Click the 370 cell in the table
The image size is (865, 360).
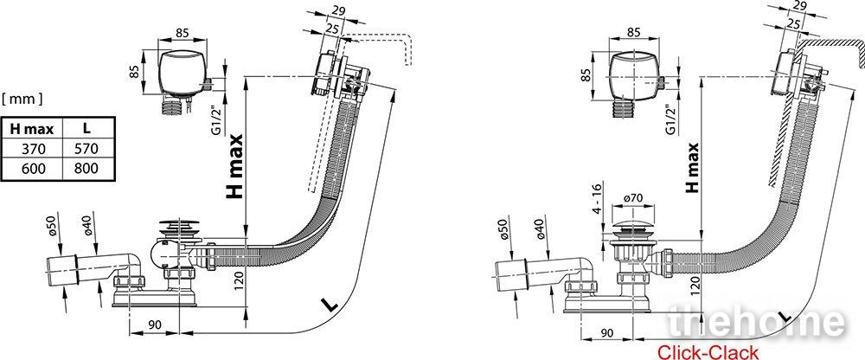[32, 149]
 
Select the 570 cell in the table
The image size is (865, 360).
[86, 149]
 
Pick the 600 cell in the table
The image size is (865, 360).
[32, 168]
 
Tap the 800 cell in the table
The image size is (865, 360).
[86, 168]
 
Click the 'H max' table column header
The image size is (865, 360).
[32, 129]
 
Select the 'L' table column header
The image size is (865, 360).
[86, 129]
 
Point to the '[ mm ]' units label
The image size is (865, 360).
[22, 99]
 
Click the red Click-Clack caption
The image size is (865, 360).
[708, 351]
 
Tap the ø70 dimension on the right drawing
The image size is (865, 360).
[633, 197]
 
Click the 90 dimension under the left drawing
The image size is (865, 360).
[155, 325]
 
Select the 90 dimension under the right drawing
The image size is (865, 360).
[607, 332]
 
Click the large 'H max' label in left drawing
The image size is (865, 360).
[235, 166]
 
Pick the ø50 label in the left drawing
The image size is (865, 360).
[54, 227]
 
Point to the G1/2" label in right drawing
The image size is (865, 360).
[671, 119]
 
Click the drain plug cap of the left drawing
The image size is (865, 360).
[176, 227]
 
